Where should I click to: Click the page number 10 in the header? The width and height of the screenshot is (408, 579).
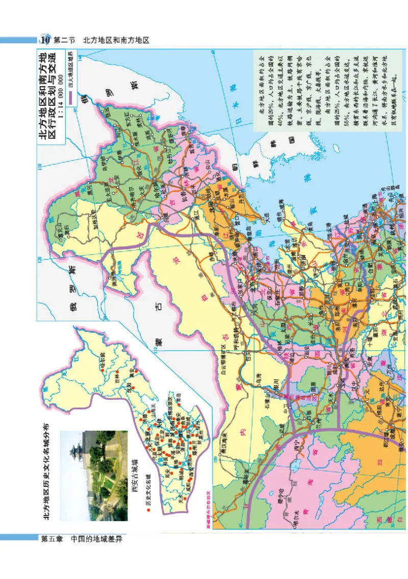point(44,40)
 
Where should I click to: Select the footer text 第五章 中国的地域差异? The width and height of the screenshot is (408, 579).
point(82,539)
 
